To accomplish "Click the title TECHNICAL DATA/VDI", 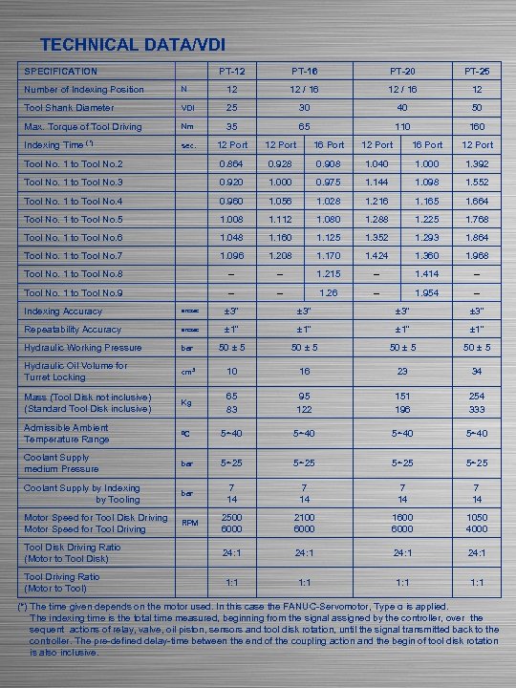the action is pos(133,45).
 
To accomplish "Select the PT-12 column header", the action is pos(231,72).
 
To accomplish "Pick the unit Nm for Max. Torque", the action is pos(187,127).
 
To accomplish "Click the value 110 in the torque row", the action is pos(401,126).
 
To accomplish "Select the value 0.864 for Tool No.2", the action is pos(231,164).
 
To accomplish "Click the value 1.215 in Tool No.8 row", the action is pos(328,274).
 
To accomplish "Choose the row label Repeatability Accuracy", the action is pos(73,330).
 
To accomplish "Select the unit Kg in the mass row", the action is pos(187,402).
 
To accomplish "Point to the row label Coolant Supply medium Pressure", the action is pos(62,463).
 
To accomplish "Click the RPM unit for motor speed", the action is pos(189,523).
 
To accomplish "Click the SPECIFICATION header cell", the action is pos(60,72).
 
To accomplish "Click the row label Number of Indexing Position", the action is pos(84,90).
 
